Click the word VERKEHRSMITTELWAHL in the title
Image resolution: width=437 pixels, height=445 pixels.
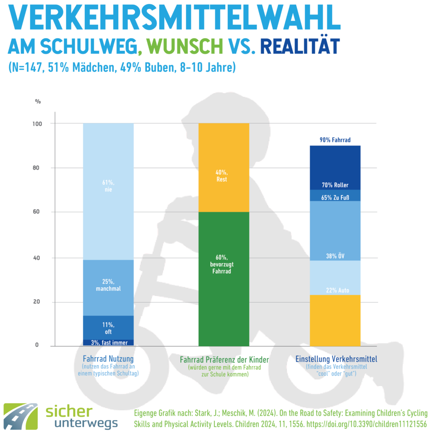tap(174, 19)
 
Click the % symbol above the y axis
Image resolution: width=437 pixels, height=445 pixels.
tap(38, 102)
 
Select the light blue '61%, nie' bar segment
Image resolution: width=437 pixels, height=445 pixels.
tap(108, 191)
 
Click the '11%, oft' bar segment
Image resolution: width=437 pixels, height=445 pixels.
tap(108, 328)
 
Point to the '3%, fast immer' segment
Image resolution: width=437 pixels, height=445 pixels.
tap(108, 343)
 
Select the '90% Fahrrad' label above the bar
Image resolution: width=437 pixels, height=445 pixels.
tap(334, 140)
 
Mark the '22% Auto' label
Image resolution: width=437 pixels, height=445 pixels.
tap(334, 290)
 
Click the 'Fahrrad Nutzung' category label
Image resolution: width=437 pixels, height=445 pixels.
tap(108, 359)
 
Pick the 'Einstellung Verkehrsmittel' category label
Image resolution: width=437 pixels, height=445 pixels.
tap(336, 359)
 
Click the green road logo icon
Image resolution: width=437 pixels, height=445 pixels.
tap(22, 416)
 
